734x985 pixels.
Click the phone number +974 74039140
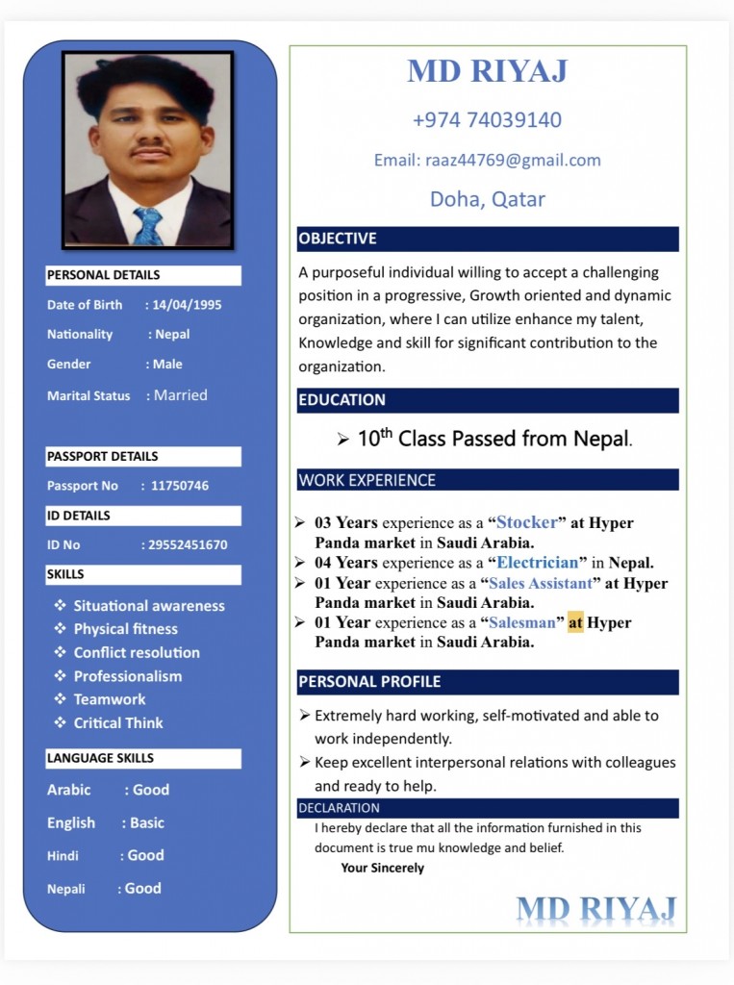487,120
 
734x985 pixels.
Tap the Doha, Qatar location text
487,199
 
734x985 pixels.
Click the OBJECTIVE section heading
338,239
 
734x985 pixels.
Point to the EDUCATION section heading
342,400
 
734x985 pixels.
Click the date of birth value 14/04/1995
187,305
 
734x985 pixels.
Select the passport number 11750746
179,486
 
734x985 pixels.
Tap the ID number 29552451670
189,545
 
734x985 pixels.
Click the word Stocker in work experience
526,522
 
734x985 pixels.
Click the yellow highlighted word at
575,622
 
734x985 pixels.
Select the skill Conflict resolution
137,652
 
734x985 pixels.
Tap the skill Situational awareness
149,606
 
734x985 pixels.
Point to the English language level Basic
147,823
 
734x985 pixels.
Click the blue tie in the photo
148,227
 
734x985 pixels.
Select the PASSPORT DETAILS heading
103,456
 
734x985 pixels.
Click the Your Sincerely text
382,868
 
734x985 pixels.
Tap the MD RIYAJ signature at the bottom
595,909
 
